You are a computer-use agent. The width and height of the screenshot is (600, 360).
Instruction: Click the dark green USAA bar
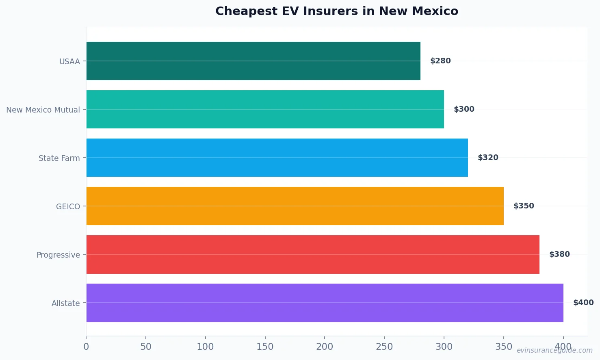pyautogui.click(x=253, y=61)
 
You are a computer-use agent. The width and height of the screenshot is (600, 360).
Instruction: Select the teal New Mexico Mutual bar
pyautogui.click(x=265, y=109)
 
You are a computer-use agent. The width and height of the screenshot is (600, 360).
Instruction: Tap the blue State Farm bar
pyautogui.click(x=277, y=158)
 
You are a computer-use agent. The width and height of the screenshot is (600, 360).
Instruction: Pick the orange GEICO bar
pyautogui.click(x=295, y=206)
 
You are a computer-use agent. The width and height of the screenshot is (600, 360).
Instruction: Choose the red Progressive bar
pyautogui.click(x=313, y=254)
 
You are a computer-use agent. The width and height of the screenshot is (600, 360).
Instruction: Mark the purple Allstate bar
pyautogui.click(x=325, y=303)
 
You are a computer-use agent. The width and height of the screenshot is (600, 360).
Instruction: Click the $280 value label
pyautogui.click(x=440, y=61)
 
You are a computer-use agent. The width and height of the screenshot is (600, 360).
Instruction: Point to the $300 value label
pyautogui.click(x=464, y=109)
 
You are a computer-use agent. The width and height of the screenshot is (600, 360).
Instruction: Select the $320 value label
pyautogui.click(x=488, y=158)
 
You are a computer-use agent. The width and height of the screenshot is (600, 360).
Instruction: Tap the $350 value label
pyautogui.click(x=524, y=206)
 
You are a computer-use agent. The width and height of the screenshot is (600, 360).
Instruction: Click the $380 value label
pyautogui.click(x=559, y=254)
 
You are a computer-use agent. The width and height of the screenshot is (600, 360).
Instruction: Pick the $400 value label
pyautogui.click(x=583, y=303)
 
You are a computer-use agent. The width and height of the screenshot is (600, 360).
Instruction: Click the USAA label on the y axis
pyautogui.click(x=69, y=62)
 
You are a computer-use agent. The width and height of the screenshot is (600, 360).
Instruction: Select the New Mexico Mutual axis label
pyautogui.click(x=43, y=110)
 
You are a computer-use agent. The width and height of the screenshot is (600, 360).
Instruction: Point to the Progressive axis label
pyautogui.click(x=58, y=255)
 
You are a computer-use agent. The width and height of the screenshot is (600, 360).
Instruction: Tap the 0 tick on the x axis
pyautogui.click(x=86, y=347)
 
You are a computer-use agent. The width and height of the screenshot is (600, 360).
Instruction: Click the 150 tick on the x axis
pyautogui.click(x=265, y=347)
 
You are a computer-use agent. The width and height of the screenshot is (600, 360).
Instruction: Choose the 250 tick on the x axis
pyautogui.click(x=384, y=347)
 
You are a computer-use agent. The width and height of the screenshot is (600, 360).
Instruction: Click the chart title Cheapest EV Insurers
pyautogui.click(x=336, y=11)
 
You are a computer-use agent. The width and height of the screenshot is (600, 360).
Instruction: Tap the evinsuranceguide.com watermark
pyautogui.click(x=555, y=350)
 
